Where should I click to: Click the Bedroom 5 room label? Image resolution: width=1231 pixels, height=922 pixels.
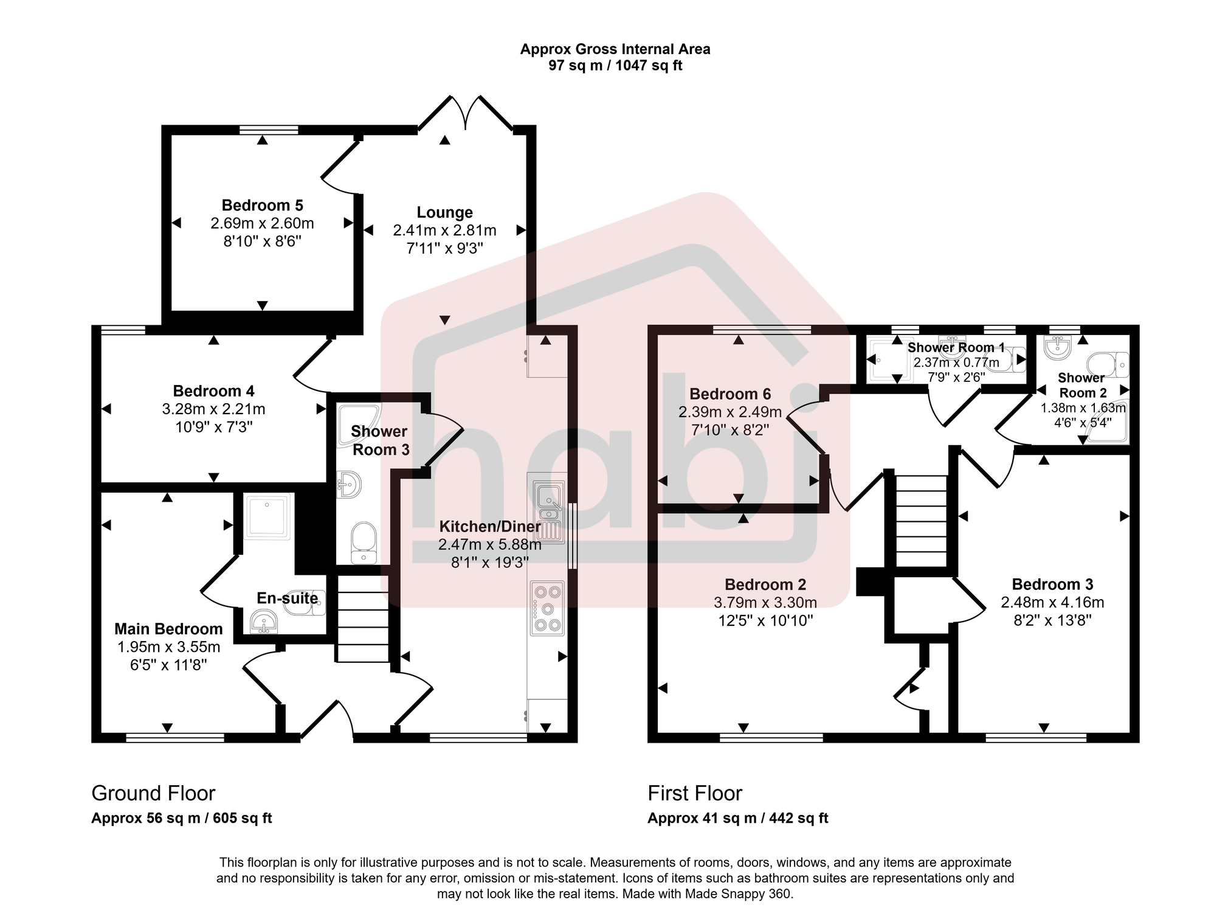[x=262, y=206]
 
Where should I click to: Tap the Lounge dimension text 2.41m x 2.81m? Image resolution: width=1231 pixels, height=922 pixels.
[x=444, y=230]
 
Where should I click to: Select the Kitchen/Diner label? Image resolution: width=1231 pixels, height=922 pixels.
[x=490, y=527]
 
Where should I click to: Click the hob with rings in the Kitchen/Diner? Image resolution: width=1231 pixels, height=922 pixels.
[x=547, y=608]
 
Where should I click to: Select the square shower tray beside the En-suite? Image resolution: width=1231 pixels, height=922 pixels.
[x=267, y=516]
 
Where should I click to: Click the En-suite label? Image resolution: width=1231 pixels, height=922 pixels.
[x=287, y=598]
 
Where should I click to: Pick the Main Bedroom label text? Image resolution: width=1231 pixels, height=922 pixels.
[x=168, y=629]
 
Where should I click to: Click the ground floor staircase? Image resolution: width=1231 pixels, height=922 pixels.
[x=362, y=619]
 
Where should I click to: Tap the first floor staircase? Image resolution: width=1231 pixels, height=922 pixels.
[x=922, y=521]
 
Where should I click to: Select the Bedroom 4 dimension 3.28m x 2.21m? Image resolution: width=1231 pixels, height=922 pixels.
[x=213, y=409]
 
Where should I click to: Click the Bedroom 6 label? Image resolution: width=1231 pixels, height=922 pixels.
[x=730, y=394]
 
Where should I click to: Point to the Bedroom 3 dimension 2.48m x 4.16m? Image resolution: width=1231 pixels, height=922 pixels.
[x=1052, y=603]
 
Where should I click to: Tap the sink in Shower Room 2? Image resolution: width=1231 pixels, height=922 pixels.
[x=1058, y=348]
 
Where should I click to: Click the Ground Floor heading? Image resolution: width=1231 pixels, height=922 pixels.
[x=153, y=793]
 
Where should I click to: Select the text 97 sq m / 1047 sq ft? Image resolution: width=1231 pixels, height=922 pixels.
[x=615, y=66]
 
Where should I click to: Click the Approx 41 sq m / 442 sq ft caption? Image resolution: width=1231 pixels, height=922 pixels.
[x=737, y=818]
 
